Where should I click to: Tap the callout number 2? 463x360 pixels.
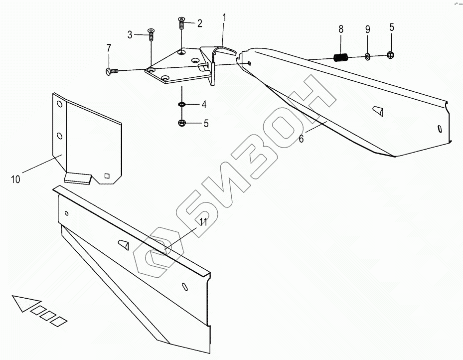[x=199, y=23]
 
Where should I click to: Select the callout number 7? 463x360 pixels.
[x=130, y=34]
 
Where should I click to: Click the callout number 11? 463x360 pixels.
[x=203, y=223]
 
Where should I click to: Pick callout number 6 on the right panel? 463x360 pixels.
[x=301, y=139]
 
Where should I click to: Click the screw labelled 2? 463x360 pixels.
[x=181, y=22]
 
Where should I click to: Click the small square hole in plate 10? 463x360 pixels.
[x=107, y=175]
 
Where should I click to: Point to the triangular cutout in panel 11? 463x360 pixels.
[x=123, y=244]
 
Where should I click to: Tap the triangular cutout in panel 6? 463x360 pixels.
[x=377, y=111]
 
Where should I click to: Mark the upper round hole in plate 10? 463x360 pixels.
[x=59, y=104]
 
